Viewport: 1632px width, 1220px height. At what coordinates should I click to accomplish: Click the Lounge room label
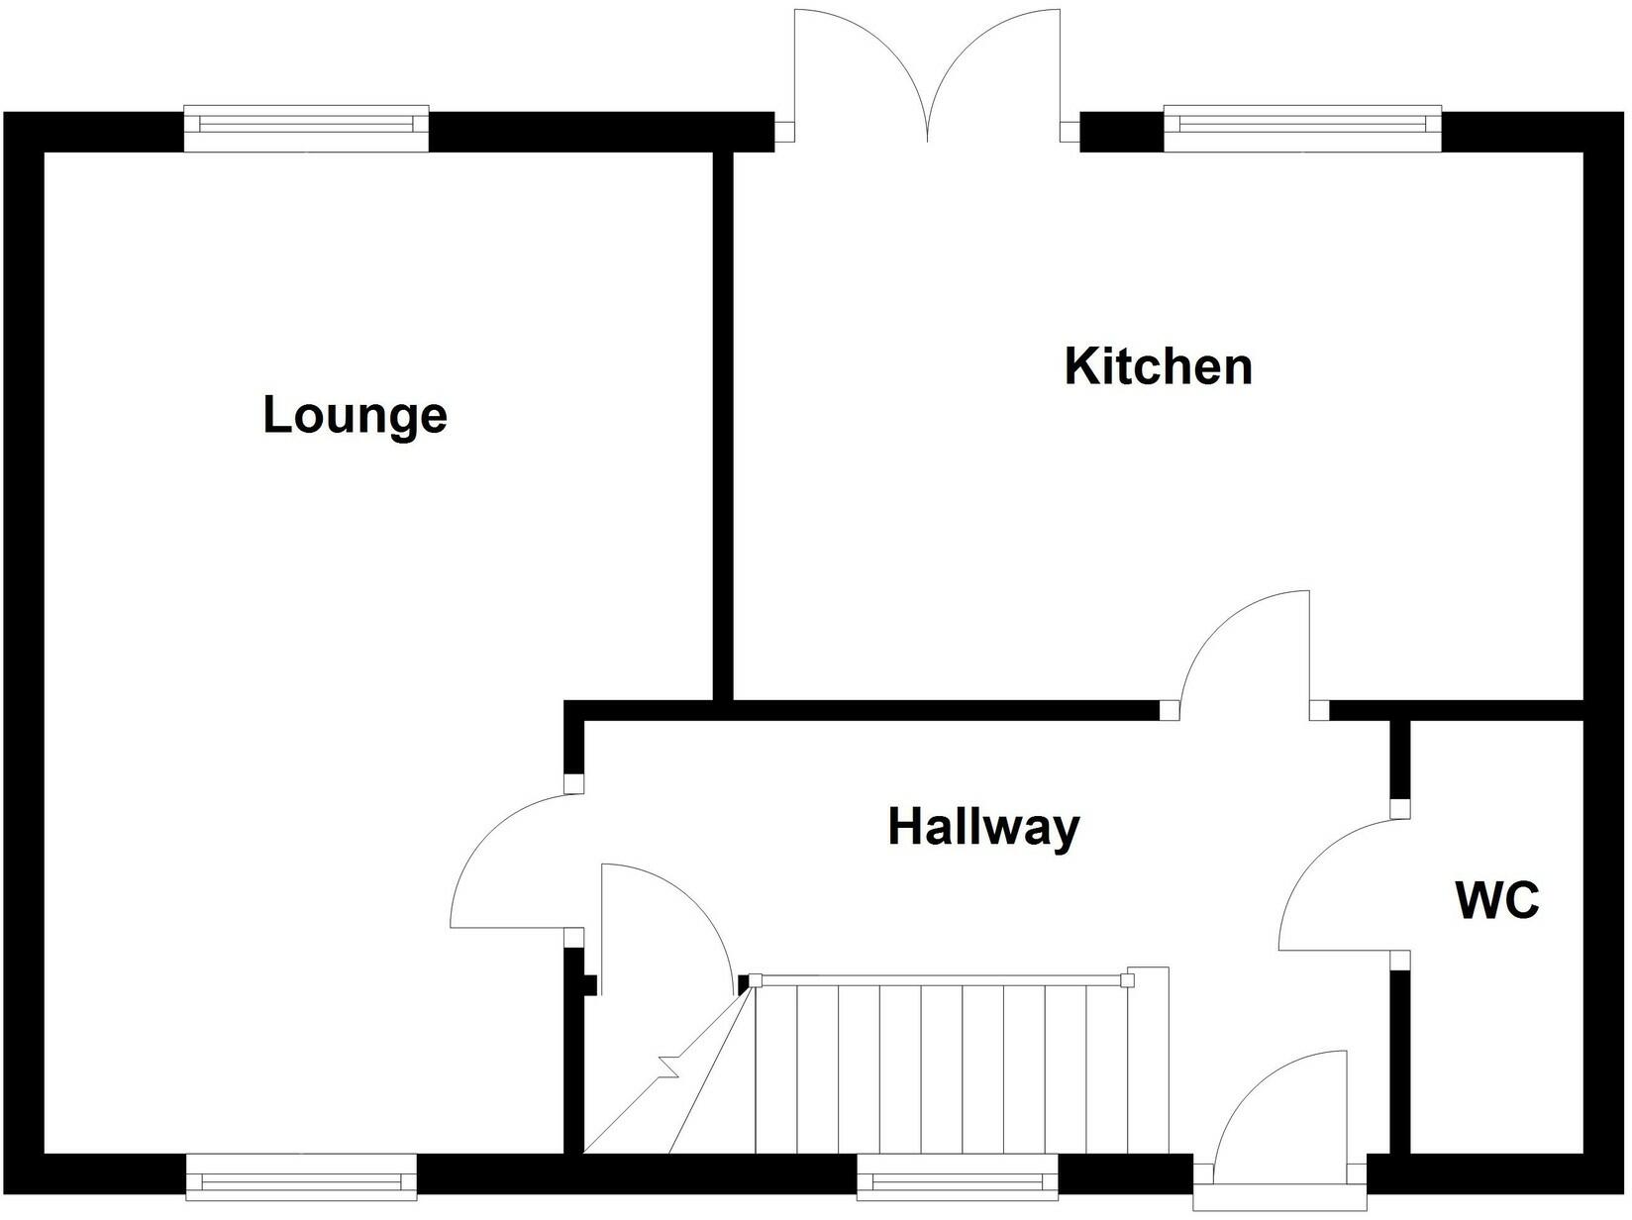coord(355,415)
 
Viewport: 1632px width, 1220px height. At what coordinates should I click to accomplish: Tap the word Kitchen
coord(1158,366)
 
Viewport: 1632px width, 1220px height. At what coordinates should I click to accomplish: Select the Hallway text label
coord(983,827)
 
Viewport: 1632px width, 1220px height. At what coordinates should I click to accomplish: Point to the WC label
coord(1497,901)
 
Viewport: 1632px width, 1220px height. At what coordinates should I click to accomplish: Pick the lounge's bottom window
coord(301,1177)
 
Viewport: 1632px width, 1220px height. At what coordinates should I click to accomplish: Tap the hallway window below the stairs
coord(958,1177)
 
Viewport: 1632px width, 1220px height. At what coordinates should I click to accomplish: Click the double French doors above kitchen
coord(928,74)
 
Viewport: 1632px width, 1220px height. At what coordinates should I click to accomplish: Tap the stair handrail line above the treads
coord(941,980)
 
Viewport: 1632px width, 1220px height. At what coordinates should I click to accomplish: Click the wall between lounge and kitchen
coord(723,426)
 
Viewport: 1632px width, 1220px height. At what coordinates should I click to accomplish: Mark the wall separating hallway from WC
coord(1399,1060)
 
